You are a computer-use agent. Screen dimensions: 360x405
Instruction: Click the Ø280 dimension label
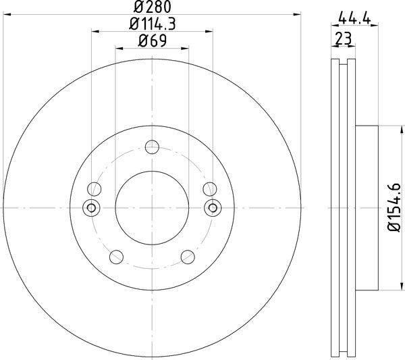coord(152,7)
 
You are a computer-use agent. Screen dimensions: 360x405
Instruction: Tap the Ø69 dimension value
coord(152,41)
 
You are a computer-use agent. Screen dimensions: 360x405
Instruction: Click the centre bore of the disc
coord(152,207)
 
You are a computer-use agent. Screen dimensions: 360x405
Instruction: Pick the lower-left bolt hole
coord(116,256)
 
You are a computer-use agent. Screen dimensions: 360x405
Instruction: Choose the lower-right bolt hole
coord(188,256)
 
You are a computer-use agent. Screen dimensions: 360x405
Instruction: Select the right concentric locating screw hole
coord(213,207)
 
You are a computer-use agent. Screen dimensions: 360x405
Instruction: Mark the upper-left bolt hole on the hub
coord(94,188)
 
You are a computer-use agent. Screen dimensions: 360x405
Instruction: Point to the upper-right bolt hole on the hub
coord(209,188)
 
